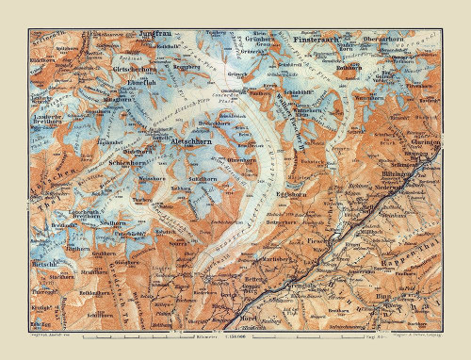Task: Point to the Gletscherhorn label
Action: (x=134, y=69)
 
